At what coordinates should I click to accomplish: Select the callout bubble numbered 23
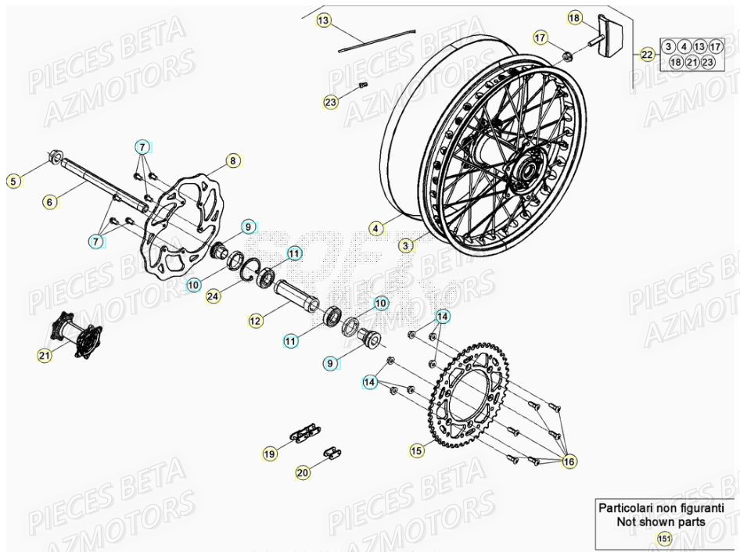[331, 102]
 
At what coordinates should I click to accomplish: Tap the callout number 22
[647, 55]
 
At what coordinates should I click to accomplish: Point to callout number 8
[232, 161]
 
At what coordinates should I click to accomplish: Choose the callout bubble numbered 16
[570, 462]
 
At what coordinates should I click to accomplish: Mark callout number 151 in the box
[663, 538]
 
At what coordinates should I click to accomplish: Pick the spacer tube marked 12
[296, 293]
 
